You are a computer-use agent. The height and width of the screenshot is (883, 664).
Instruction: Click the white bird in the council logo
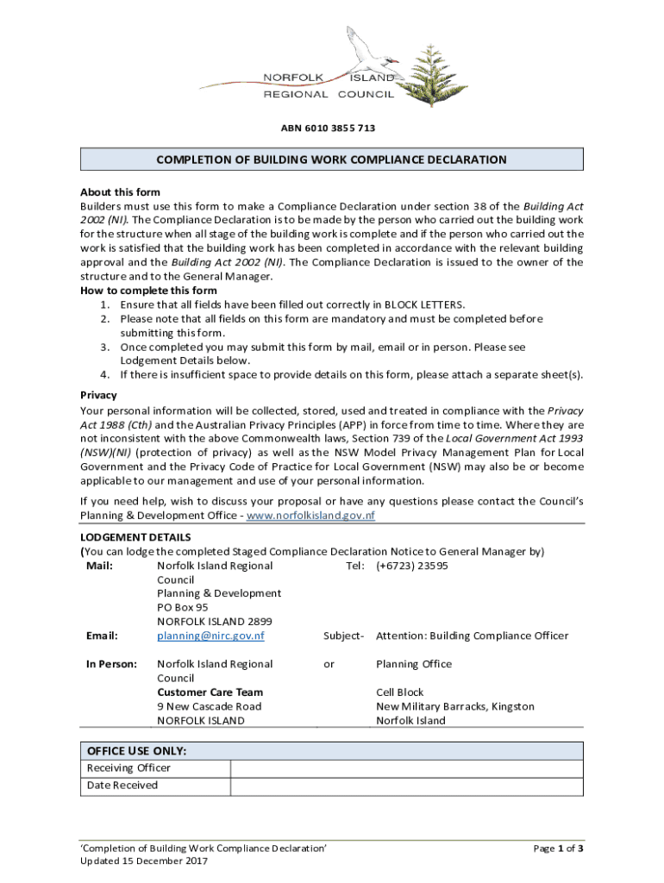coord(366,57)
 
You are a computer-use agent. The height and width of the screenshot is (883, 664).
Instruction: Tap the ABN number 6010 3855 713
coord(328,128)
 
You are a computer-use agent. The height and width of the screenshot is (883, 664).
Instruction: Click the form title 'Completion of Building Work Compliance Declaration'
coord(331,160)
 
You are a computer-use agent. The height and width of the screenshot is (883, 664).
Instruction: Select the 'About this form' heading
coord(120,192)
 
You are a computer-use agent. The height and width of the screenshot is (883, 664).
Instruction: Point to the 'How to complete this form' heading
coord(136,291)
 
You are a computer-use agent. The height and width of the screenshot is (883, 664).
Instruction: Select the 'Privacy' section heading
coord(98,395)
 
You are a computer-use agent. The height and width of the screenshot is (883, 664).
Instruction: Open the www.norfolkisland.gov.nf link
coord(310,516)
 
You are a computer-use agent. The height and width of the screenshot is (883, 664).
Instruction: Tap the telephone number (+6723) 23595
coord(411,566)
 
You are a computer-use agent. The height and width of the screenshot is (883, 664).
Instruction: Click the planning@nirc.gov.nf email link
coord(210,636)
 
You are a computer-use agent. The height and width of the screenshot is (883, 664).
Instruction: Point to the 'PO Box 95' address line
coord(182,607)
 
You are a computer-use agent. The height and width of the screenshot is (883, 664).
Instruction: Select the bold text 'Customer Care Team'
coord(210,692)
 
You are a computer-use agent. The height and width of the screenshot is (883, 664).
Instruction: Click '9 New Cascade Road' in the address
coord(209,706)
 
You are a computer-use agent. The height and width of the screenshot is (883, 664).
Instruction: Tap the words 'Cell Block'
coord(399,692)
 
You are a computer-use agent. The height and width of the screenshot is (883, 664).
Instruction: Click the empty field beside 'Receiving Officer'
coord(405,768)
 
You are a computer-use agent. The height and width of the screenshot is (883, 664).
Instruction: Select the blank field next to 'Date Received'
coord(405,786)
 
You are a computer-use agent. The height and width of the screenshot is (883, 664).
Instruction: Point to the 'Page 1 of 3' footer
coord(558,849)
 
